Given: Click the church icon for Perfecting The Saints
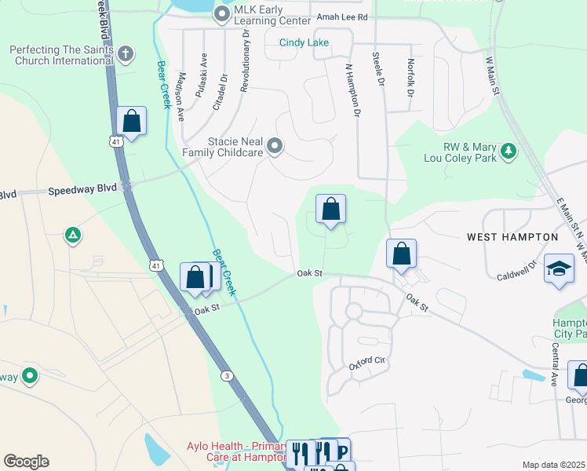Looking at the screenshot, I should pos(126,54).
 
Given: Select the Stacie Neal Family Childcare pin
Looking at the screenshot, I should pos(275,145).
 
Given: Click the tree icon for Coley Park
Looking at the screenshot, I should pos(509,151).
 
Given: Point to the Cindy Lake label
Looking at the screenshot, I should pos(304,43).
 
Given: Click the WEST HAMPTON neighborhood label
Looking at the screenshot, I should pos(512,236).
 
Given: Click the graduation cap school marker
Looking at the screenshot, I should pos(560,269).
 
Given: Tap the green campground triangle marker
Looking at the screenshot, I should pos(72,234).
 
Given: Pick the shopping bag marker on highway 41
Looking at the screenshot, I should pos(131,122).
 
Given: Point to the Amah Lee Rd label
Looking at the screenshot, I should pos(342,17).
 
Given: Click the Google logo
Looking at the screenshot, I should pos(26,462).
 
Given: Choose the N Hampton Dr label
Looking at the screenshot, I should pos(352,90).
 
